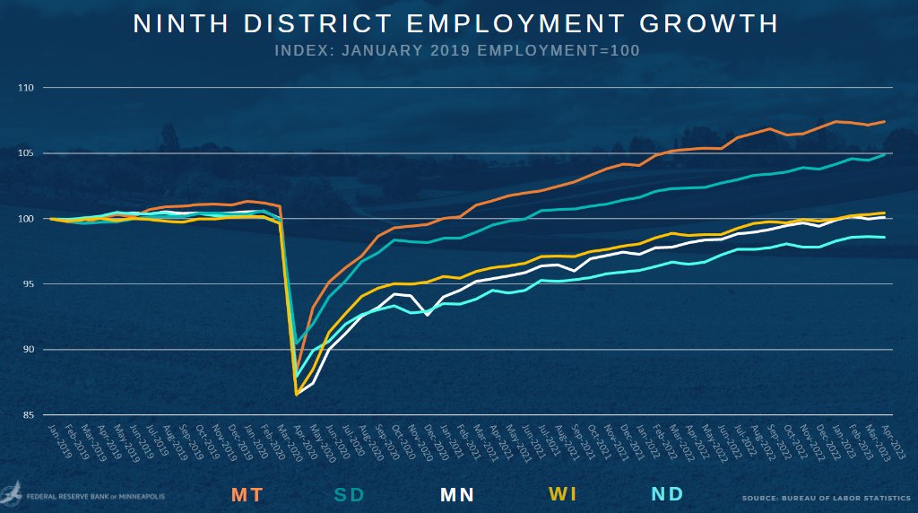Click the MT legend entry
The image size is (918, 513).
pyautogui.click(x=247, y=494)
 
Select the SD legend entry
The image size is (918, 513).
pyautogui.click(x=350, y=494)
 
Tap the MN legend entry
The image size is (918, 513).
pyautogui.click(x=456, y=494)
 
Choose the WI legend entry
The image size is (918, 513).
pyautogui.click(x=563, y=494)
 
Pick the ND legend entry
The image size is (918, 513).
pyautogui.click(x=667, y=494)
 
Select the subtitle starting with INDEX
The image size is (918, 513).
pyautogui.click(x=457, y=50)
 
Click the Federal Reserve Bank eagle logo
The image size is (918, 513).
pyautogui.click(x=13, y=493)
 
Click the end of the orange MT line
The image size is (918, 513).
pyautogui.click(x=885, y=122)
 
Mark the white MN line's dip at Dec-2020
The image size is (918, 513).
pyautogui.click(x=427, y=315)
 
